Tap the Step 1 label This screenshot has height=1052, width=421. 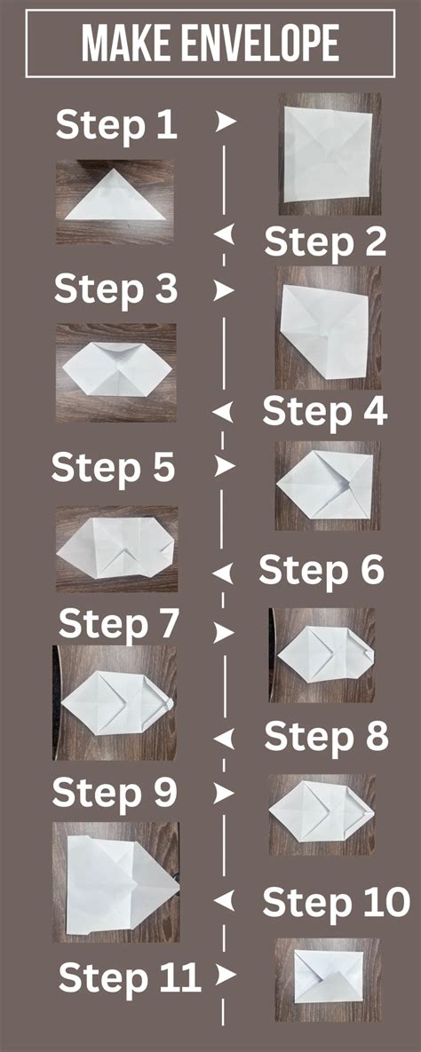pos(116,125)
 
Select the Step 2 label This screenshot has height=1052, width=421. pos(325,241)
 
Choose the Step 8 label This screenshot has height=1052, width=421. pos(326,736)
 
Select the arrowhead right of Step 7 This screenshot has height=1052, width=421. pos(225,631)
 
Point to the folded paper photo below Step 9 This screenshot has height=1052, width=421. pos(115,882)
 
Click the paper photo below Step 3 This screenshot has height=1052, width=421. pos(115,371)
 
